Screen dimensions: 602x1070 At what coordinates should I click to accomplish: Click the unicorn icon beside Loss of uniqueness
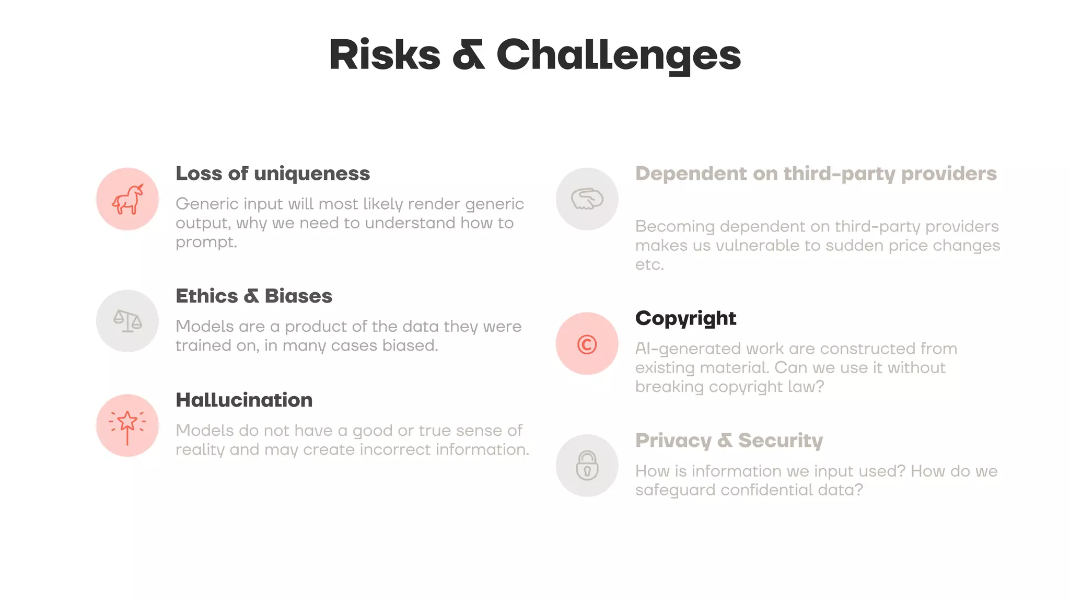[127, 199]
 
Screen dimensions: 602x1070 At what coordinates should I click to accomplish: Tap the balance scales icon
[127, 321]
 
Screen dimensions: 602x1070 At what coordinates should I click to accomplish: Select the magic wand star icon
[127, 425]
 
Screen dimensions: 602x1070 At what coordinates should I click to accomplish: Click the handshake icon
[587, 199]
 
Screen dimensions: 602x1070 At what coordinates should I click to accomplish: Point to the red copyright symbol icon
[587, 344]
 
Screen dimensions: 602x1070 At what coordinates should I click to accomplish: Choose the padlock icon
[587, 465]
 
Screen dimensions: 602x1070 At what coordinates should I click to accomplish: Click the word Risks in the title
[385, 55]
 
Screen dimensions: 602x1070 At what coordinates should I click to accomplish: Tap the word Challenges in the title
[619, 55]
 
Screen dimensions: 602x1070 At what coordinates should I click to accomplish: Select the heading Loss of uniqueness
[272, 173]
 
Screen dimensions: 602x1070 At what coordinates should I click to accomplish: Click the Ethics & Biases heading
[253, 296]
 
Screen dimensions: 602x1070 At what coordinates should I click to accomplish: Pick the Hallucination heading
[244, 400]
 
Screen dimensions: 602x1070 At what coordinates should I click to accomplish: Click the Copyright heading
[685, 318]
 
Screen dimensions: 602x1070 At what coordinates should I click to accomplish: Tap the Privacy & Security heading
[729, 441]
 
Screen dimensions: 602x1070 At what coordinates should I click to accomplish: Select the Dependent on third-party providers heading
[816, 173]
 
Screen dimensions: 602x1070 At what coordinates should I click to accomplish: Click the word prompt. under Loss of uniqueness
[206, 242]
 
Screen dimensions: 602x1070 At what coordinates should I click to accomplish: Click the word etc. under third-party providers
[649, 265]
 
